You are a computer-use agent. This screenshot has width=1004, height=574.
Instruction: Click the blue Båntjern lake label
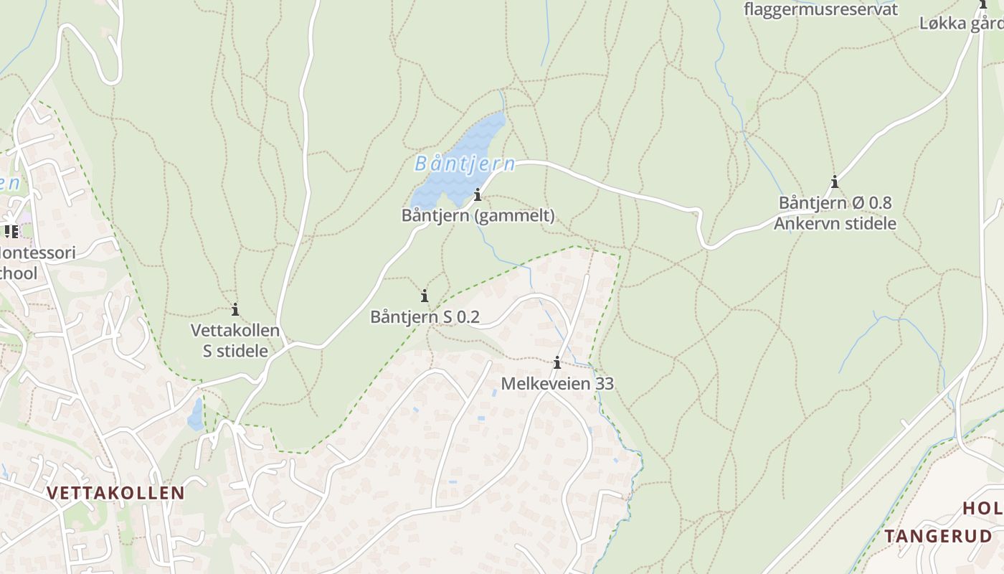(465, 164)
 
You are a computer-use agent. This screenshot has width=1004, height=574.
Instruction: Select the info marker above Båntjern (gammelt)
(478, 194)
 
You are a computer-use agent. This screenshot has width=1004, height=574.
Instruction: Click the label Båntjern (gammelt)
(478, 215)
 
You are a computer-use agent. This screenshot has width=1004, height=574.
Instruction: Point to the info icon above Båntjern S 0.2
(425, 296)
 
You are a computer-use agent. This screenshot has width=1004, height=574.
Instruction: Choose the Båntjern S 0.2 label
(425, 316)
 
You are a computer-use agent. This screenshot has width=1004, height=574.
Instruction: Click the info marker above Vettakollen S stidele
(235, 310)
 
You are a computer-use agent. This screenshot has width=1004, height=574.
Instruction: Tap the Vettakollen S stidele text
(235, 340)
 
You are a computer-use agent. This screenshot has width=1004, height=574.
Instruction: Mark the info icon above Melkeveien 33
(557, 363)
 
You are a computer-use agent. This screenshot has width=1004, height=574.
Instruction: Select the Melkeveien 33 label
(557, 384)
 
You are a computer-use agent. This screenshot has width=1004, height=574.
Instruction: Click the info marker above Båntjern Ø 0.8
(834, 182)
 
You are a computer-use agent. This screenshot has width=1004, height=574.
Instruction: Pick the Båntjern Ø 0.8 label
(835, 203)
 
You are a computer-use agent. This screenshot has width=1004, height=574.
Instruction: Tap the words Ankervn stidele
(835, 223)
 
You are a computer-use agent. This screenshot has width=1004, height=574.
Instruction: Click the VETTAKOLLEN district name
(116, 493)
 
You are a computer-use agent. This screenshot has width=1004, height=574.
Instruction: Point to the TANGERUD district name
(938, 536)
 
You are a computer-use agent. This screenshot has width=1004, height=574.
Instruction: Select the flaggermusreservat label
(820, 9)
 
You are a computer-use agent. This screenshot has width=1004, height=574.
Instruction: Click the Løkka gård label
(961, 23)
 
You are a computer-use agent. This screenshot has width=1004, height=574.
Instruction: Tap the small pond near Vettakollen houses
(195, 415)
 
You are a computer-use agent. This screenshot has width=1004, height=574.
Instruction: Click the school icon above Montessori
(11, 231)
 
